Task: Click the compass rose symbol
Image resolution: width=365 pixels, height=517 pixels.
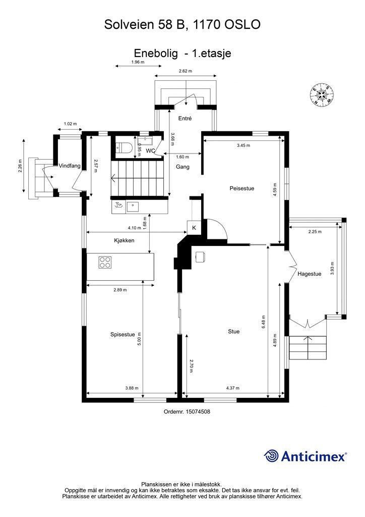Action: click(322, 95)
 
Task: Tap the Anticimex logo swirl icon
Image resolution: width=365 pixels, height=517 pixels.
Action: click(271, 456)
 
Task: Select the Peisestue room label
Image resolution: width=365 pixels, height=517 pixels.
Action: click(242, 189)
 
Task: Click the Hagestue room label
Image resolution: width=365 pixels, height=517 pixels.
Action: click(310, 274)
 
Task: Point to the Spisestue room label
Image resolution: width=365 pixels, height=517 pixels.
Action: click(123, 335)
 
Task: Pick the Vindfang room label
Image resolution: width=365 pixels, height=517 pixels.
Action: click(70, 166)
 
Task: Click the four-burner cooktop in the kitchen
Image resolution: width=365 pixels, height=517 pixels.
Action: click(105, 263)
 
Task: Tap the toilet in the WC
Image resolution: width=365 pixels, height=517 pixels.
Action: click(125, 147)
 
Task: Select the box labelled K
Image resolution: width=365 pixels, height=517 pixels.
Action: click(194, 228)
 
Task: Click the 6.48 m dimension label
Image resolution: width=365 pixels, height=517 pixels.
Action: click(264, 322)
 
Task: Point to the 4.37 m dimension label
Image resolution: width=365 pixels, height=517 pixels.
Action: click(233, 388)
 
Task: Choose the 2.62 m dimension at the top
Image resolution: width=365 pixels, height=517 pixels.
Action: click(186, 71)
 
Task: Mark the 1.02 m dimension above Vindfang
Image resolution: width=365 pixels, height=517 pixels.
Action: click(70, 124)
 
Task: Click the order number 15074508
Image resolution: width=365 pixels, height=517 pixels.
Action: click(198, 411)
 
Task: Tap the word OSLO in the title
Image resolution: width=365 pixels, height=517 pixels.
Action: click(242, 24)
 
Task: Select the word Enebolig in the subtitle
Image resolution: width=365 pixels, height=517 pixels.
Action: click(156, 54)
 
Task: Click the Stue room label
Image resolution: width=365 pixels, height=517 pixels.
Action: click(234, 331)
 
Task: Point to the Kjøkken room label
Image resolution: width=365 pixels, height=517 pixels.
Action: click(124, 241)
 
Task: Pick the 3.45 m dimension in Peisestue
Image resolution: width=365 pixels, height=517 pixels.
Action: click(244, 145)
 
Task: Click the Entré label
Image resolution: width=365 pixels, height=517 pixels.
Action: click(185, 118)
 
